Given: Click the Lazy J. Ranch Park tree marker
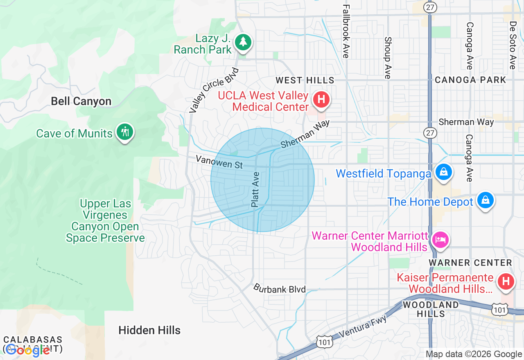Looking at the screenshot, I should point(244,42).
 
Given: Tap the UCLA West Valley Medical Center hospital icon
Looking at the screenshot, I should point(321,100).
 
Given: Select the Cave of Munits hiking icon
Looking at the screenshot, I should point(124,132).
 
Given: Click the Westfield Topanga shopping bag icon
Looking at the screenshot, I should point(443,172).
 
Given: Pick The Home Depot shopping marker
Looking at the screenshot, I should point(485,200).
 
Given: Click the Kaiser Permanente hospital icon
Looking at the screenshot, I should point(506,282).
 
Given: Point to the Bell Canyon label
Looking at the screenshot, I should point(81,101).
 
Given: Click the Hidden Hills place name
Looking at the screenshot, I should point(149,330).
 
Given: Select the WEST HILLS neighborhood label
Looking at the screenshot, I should point(305,80).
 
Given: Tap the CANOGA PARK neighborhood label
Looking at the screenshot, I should point(470,80).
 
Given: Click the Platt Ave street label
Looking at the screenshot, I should point(255,189).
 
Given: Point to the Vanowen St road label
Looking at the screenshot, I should point(219,162).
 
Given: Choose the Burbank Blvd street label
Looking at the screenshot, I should point(279,288).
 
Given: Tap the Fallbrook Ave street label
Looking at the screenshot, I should point(346,31).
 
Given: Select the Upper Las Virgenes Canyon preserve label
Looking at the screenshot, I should point(106,221).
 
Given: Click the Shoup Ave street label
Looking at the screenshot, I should point(387,58).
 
